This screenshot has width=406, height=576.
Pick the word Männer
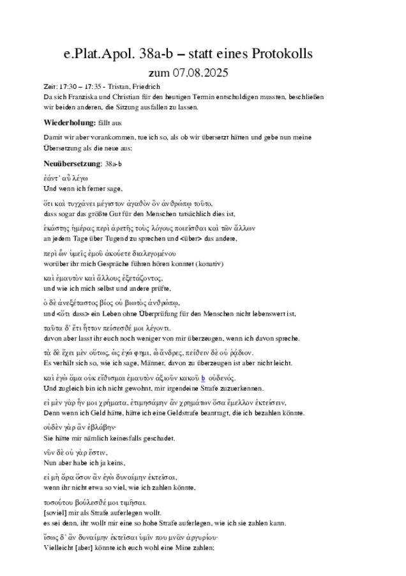coord(150,363)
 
